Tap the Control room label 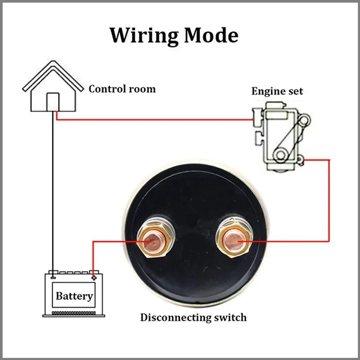(122, 89)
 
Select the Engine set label (277, 91)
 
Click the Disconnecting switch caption (193, 318)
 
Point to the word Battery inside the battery (74, 296)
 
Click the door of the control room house (53, 102)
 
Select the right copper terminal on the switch (234, 240)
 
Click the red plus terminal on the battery (94, 277)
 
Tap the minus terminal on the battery (53, 277)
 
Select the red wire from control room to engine (155, 119)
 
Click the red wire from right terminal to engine (329, 201)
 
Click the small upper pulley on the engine (304, 119)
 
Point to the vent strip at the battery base (74, 313)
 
